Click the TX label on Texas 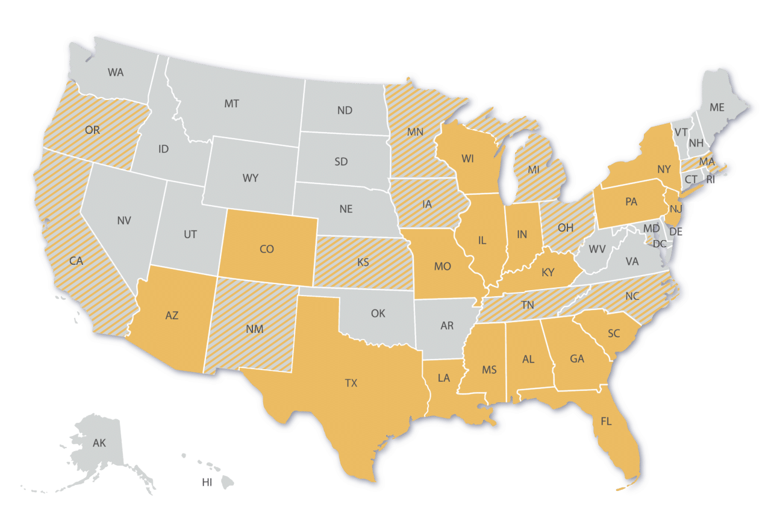[351, 383]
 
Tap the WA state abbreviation [116, 72]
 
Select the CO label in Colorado [266, 249]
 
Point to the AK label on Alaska [99, 443]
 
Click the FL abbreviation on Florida [606, 422]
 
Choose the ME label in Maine [717, 107]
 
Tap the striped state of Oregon [93, 130]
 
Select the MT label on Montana [231, 104]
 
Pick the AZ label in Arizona [172, 315]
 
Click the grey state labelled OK [378, 314]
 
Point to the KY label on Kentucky [548, 273]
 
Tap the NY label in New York [664, 169]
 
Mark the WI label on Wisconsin [467, 159]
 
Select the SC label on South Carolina [614, 334]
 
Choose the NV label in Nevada [123, 221]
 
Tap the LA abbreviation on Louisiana [444, 378]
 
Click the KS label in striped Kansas [363, 262]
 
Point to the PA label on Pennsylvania [631, 202]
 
